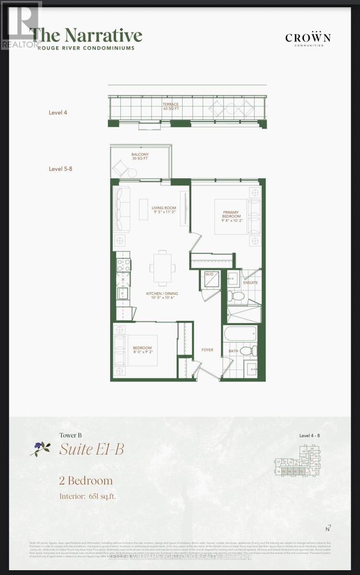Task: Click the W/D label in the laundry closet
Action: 209,275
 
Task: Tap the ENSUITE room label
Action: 250,283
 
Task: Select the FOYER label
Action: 207,350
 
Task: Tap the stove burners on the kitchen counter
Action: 124,264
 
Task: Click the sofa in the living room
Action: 122,209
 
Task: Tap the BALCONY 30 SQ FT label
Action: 140,157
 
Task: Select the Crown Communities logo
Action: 308,38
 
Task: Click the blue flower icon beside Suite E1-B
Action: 40,448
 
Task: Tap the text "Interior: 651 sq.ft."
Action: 87,496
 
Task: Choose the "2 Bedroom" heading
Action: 86,481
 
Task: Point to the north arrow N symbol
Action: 328,529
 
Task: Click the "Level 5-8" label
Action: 60,169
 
